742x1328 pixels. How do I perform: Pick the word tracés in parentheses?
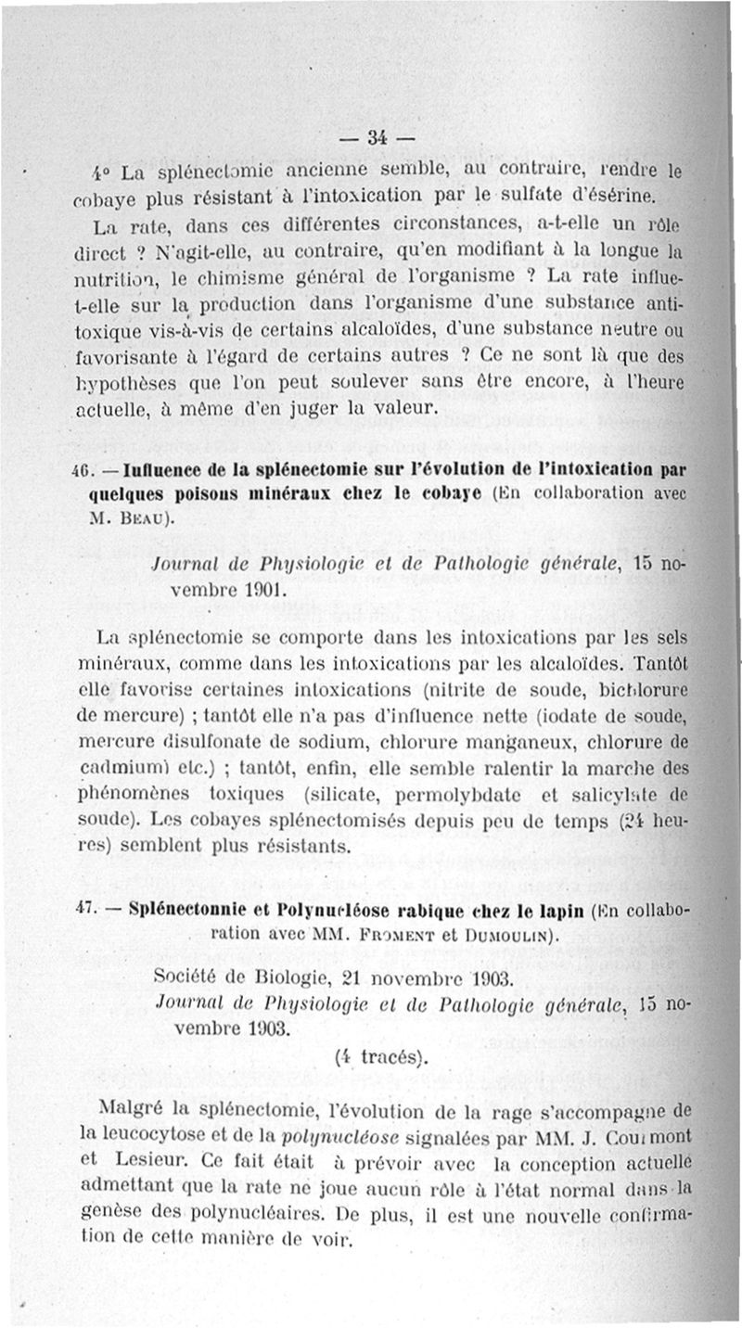383,1055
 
